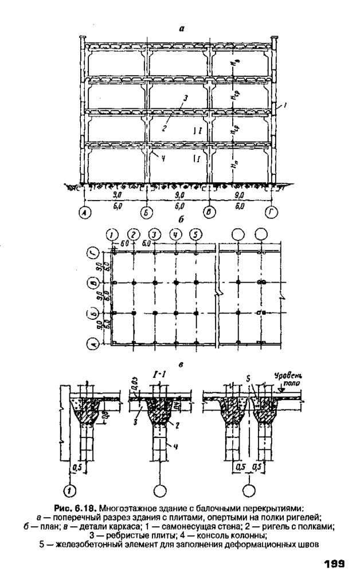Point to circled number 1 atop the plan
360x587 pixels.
pos(113,234)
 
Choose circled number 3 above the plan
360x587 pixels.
pos(154,234)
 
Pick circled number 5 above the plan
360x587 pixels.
pos(196,234)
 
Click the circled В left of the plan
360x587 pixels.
pos(91,283)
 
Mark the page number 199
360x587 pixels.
pos(333,564)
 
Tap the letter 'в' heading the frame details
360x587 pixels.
pos(181,363)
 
